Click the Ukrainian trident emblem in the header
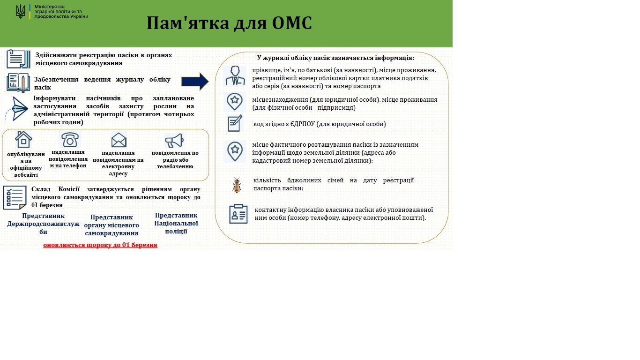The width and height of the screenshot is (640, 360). pos(20,11)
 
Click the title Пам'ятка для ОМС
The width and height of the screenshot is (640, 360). pos(229,23)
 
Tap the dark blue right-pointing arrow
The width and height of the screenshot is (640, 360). pos(195,82)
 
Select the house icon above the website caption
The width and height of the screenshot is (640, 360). pos(23,139)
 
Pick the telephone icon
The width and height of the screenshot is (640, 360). pos(70,139)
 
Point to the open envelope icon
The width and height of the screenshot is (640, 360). pos(119,140)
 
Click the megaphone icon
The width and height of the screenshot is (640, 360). pos(174,141)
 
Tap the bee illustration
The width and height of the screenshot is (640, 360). pos(237,185)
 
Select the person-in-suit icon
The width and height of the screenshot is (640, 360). pos(235,76)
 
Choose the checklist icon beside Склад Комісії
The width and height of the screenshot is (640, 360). pos(15,198)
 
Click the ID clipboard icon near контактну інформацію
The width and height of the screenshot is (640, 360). pos(238,214)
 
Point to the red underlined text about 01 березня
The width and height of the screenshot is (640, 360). pos(100,245)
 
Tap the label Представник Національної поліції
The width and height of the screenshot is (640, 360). pos(176,223)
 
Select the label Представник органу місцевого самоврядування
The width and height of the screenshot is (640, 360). pos(112,225)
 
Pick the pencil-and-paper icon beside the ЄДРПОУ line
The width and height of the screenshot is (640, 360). pos(235,123)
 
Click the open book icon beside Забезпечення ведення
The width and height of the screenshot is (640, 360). pos(18,82)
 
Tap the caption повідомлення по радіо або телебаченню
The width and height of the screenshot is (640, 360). pos(175,159)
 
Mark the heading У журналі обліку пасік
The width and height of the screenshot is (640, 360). pos(335,58)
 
